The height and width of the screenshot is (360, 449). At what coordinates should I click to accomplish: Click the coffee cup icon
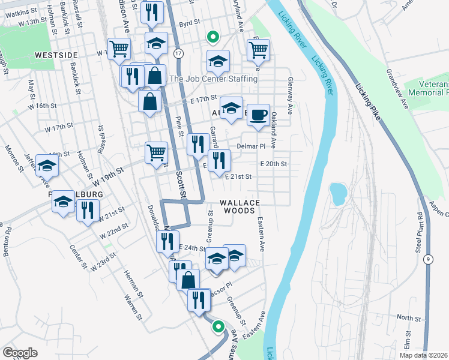coord(258,115)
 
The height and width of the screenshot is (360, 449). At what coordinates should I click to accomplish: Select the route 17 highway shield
coord(178,53)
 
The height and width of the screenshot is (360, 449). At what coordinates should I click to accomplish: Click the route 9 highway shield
coord(427,259)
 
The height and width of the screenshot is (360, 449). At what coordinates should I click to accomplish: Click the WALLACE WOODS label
coord(240,206)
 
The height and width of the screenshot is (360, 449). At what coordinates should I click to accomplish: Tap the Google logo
coord(20,353)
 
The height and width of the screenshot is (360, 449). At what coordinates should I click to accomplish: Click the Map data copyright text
coord(424,355)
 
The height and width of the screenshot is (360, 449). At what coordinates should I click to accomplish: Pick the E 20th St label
coord(274,164)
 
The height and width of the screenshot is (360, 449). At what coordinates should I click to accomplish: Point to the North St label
coord(409,317)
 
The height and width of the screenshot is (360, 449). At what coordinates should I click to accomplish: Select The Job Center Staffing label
coord(214,79)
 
